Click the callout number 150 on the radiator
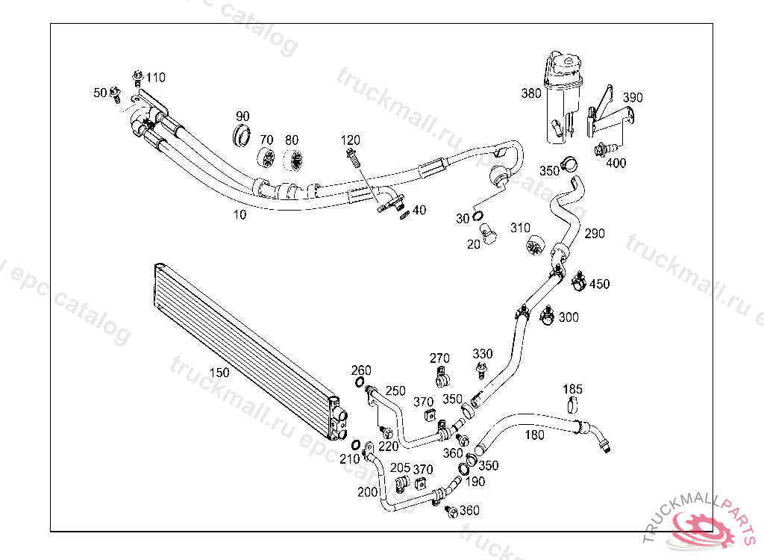(219, 372)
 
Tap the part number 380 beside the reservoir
(531, 94)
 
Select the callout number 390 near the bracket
(633, 98)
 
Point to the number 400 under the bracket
(616, 163)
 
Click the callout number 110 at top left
(156, 78)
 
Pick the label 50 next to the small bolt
(100, 93)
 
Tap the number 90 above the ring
(242, 116)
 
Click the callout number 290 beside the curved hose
(595, 234)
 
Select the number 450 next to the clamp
(599, 284)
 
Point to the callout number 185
(572, 390)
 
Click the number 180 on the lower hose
(535, 435)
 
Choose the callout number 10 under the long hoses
(239, 214)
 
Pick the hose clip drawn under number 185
(572, 406)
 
